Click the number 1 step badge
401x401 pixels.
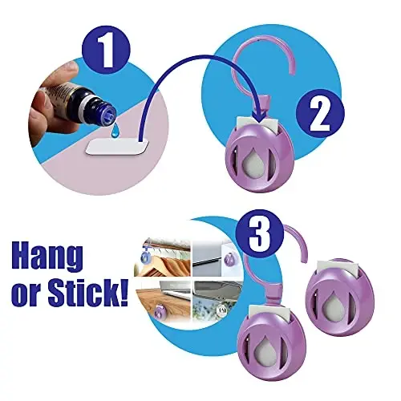(x=106, y=51)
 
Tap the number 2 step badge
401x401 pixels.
(x=320, y=114)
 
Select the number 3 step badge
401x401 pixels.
(x=260, y=233)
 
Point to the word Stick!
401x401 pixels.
(x=87, y=292)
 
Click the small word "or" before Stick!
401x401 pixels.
(x=28, y=296)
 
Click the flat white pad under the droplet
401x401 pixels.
(x=117, y=147)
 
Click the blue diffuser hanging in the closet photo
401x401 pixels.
(x=146, y=257)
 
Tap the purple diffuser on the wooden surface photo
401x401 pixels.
(x=160, y=311)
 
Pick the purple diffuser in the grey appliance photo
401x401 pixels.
(x=230, y=258)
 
